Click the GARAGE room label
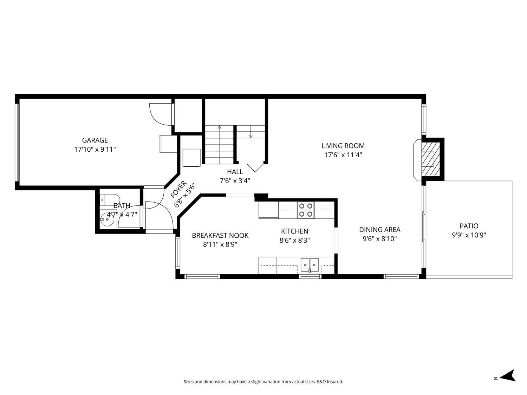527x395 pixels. click(x=95, y=140)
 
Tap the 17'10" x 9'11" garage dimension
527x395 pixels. click(x=95, y=149)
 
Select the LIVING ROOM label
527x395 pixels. click(x=343, y=146)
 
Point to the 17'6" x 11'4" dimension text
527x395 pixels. click(x=343, y=154)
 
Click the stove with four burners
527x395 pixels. click(x=306, y=210)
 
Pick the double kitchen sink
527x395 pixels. click(x=310, y=264)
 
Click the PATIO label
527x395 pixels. click(x=469, y=226)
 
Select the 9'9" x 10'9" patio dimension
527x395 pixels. click(x=469, y=235)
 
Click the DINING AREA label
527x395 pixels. click(x=379, y=230)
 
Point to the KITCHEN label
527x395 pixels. click(x=294, y=231)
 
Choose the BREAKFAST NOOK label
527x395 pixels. click(x=220, y=236)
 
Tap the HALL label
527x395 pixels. click(x=235, y=172)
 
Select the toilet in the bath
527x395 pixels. click(x=106, y=199)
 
